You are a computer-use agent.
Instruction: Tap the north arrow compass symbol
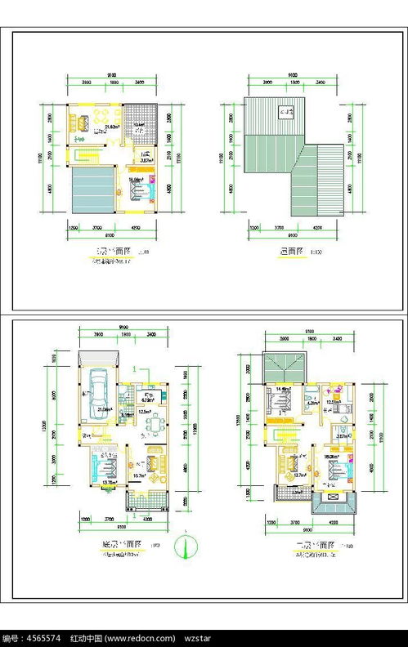pyautogui.click(x=187, y=545)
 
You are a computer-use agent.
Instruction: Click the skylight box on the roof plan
pyautogui.click(x=285, y=113)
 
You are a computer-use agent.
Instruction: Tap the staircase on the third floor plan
pyautogui.click(x=84, y=154)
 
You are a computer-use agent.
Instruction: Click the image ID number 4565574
pyautogui.click(x=43, y=638)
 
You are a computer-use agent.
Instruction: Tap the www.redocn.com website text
pyautogui.click(x=140, y=638)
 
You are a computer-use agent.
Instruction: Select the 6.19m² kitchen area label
pyautogui.click(x=148, y=399)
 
